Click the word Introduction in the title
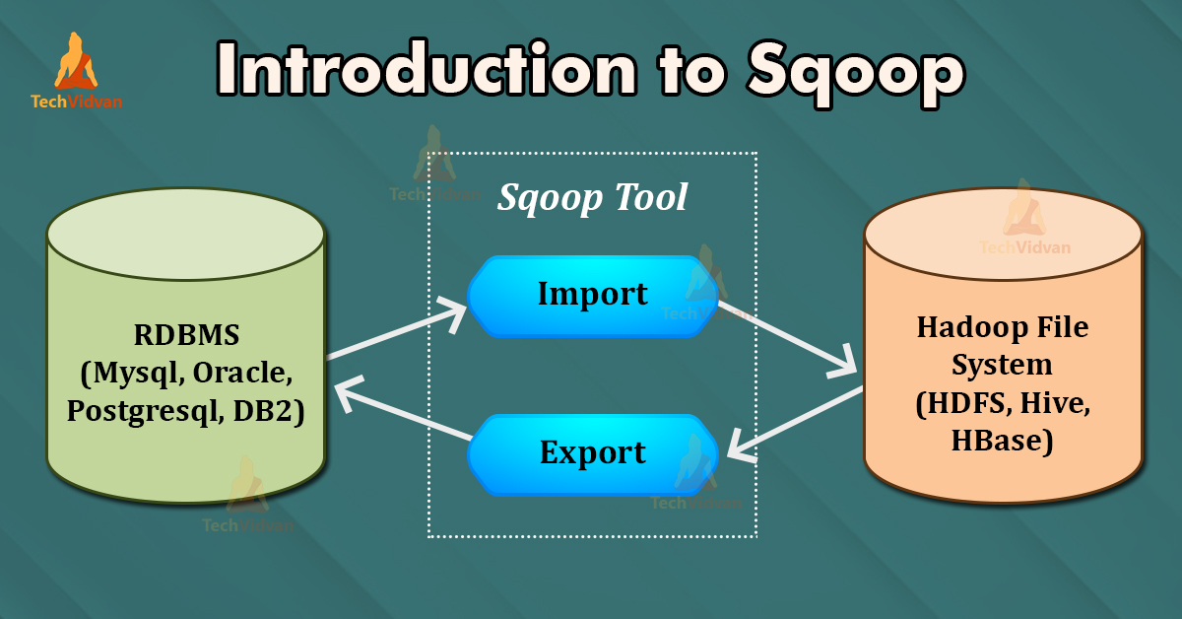pos(427,69)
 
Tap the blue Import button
pos(593,297)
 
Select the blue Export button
pos(593,454)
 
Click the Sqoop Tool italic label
pos(592,198)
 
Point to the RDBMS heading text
pos(186,335)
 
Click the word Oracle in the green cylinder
pos(241,373)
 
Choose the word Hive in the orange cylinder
pos(1055,403)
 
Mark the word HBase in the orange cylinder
pos(1002,441)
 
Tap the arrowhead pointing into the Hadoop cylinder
pos(844,365)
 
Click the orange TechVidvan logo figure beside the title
pos(76,61)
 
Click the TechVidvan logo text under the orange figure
pos(77,102)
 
